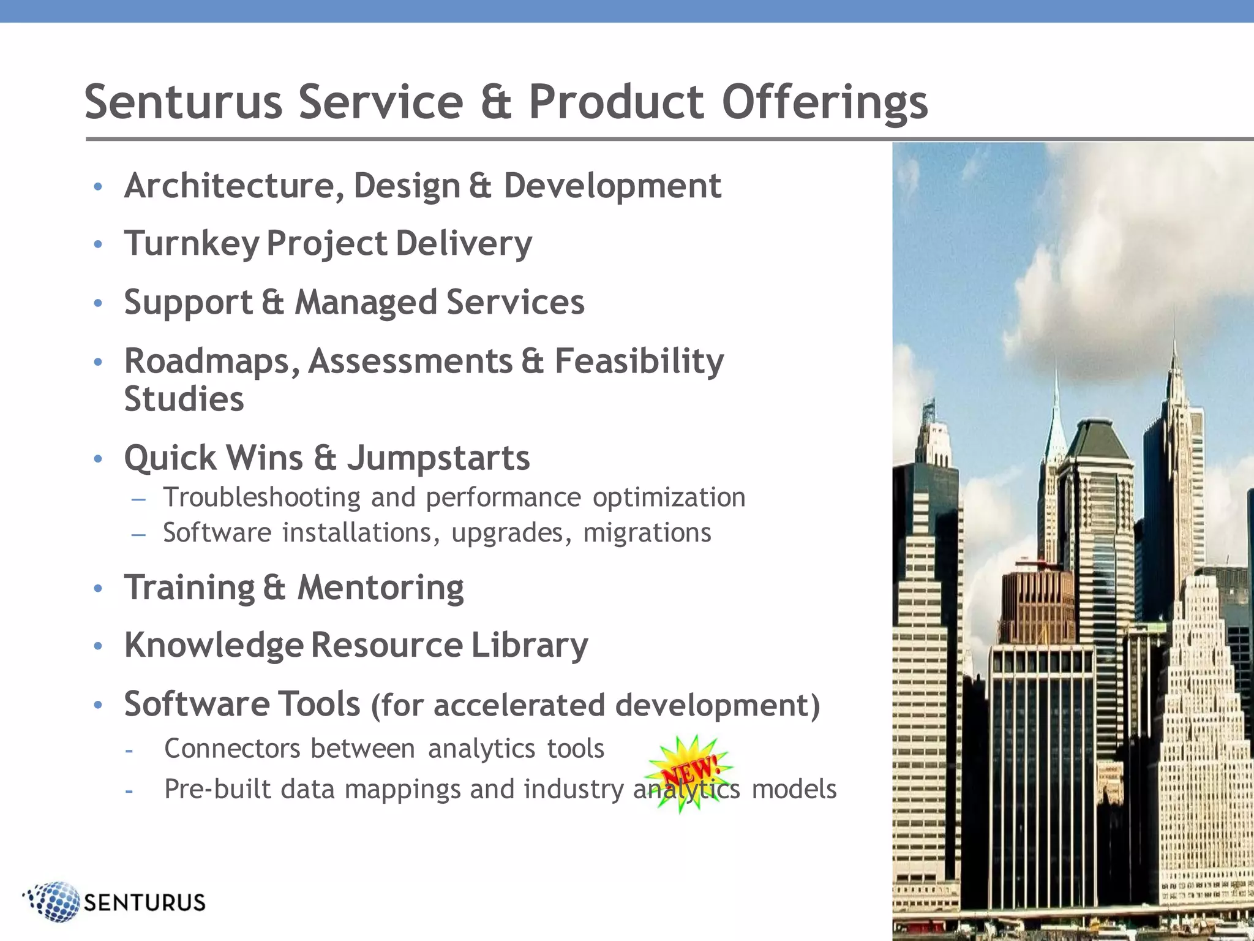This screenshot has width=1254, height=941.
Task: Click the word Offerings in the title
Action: tap(824, 103)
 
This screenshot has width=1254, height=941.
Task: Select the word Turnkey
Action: tap(192, 244)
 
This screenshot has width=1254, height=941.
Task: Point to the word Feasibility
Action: tap(639, 361)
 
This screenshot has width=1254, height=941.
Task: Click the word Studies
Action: tap(184, 399)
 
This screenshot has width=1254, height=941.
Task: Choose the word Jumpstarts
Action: tap(438, 458)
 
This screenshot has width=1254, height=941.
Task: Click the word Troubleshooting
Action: tap(262, 497)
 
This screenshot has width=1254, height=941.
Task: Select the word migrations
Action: tap(647, 532)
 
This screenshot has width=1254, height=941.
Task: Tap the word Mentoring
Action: tap(380, 588)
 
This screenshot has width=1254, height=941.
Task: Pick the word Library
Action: tap(529, 645)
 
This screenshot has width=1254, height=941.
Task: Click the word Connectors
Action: tap(232, 749)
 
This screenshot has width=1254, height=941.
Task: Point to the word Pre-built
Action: tap(217, 788)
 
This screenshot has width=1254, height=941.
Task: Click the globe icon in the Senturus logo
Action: tap(54, 901)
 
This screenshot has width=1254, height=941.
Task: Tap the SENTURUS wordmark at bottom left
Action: tap(145, 902)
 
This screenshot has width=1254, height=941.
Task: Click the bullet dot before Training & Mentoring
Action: tap(98, 589)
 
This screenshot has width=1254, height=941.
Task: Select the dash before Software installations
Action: tap(138, 534)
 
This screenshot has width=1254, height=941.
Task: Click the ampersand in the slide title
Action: tap(495, 103)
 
